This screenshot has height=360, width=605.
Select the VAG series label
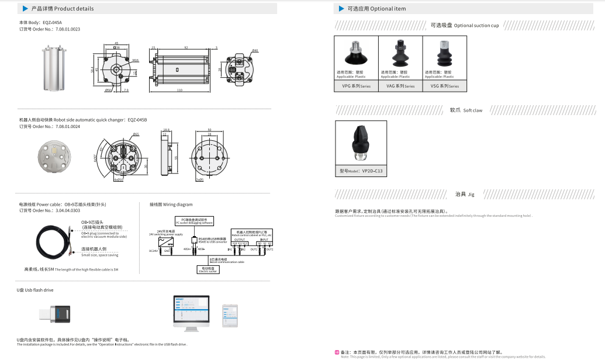(x=400, y=86)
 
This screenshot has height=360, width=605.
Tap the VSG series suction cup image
(x=444, y=54)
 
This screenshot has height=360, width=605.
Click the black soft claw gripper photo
(x=361, y=142)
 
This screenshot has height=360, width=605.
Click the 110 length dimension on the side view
(x=179, y=90)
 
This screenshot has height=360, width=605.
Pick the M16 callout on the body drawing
(x=135, y=60)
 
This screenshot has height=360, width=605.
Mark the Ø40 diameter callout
(x=255, y=51)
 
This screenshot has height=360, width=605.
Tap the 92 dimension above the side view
(x=186, y=47)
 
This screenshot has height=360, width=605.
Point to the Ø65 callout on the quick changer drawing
(x=136, y=134)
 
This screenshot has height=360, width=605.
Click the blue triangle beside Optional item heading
(x=342, y=9)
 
